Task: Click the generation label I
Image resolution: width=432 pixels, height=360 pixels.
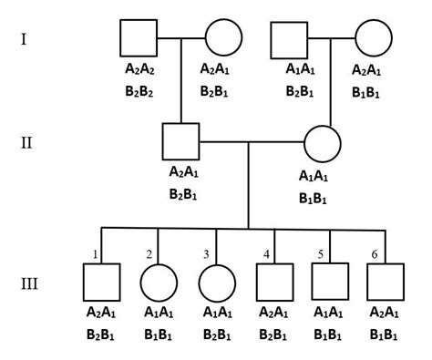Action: pyautogui.click(x=26, y=39)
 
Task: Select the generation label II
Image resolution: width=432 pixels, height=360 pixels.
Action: pyautogui.click(x=28, y=143)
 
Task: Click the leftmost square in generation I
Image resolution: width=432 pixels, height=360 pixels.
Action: pyautogui.click(x=139, y=38)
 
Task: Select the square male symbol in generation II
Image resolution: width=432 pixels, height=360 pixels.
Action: pyautogui.click(x=181, y=142)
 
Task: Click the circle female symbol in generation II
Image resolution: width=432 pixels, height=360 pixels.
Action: pyautogui.click(x=323, y=142)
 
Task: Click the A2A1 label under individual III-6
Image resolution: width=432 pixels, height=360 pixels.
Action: pyautogui.click(x=386, y=313)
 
